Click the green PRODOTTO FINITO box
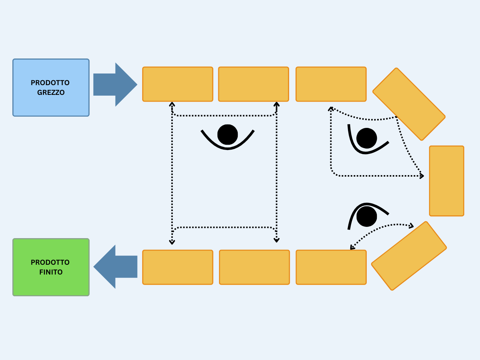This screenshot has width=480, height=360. point(51,285)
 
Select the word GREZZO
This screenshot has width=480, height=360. point(51,93)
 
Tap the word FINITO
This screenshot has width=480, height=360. point(51,272)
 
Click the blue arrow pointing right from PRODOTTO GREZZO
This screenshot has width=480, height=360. point(115,84)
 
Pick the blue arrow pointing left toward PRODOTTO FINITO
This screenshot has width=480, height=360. point(115,267)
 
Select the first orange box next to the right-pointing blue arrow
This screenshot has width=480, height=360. point(178,84)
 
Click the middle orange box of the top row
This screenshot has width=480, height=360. point(253,84)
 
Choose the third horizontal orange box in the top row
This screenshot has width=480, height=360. point(331,84)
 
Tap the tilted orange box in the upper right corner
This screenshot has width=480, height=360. point(409,104)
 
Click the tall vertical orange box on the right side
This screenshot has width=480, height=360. point(447,181)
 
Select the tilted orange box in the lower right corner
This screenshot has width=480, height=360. point(409,256)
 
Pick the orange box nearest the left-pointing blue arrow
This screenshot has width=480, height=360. point(178,267)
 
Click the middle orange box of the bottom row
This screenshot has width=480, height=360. point(254,267)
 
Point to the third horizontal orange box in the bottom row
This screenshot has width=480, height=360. point(331,267)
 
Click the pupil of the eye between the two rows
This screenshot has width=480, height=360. point(228,135)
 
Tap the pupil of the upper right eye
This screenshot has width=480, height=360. point(367,138)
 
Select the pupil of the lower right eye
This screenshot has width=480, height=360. point(367,216)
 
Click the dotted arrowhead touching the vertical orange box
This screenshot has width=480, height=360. point(422,176)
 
